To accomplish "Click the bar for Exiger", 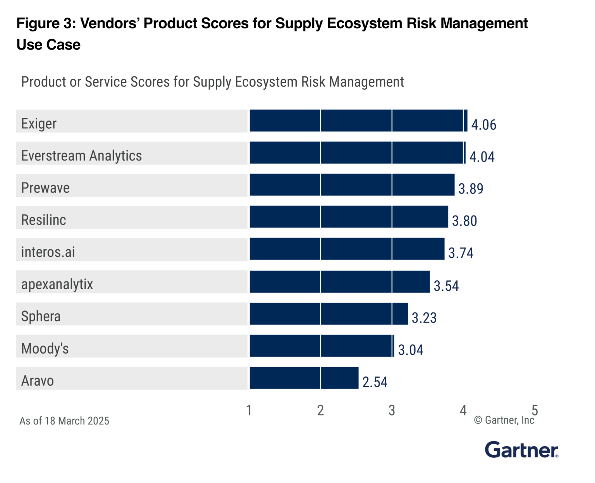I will click(x=358, y=121).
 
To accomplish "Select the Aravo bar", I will click(x=304, y=378).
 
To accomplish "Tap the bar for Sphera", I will click(x=328, y=314).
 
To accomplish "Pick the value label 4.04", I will click(x=482, y=157).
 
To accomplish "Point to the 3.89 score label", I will click(x=471, y=189).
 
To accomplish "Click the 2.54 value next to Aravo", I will click(x=375, y=382).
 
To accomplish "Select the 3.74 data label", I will click(x=461, y=253).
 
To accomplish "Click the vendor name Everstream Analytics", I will click(x=81, y=156).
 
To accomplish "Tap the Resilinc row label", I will click(x=43, y=220).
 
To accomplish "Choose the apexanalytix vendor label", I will click(x=57, y=285).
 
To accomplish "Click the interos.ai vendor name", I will click(x=48, y=252).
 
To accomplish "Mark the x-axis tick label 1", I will click(x=249, y=411).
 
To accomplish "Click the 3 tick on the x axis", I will click(x=392, y=411).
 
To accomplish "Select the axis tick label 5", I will click(x=535, y=411).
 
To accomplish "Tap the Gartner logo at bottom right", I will click(x=521, y=450).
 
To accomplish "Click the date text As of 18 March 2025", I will click(x=64, y=421).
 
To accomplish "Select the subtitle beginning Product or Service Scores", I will click(x=212, y=82).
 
